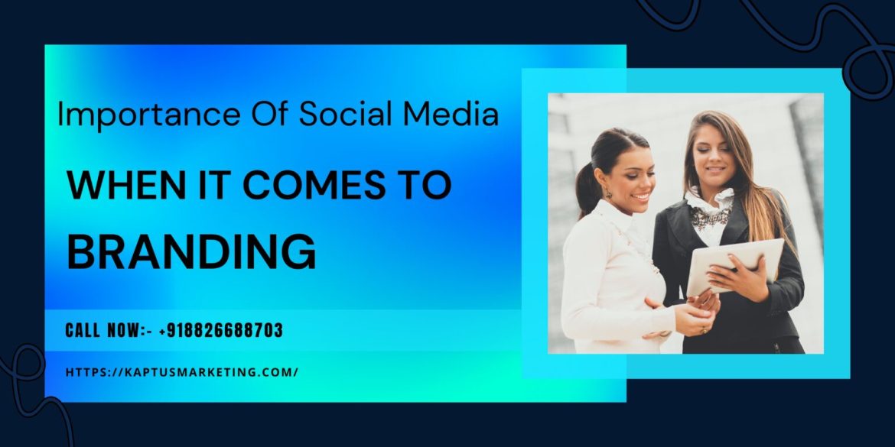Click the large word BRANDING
[x=191, y=251]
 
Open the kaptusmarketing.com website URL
[x=181, y=372]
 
